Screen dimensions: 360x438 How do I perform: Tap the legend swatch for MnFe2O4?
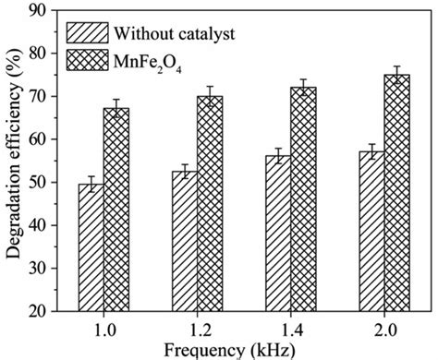click(85, 62)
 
